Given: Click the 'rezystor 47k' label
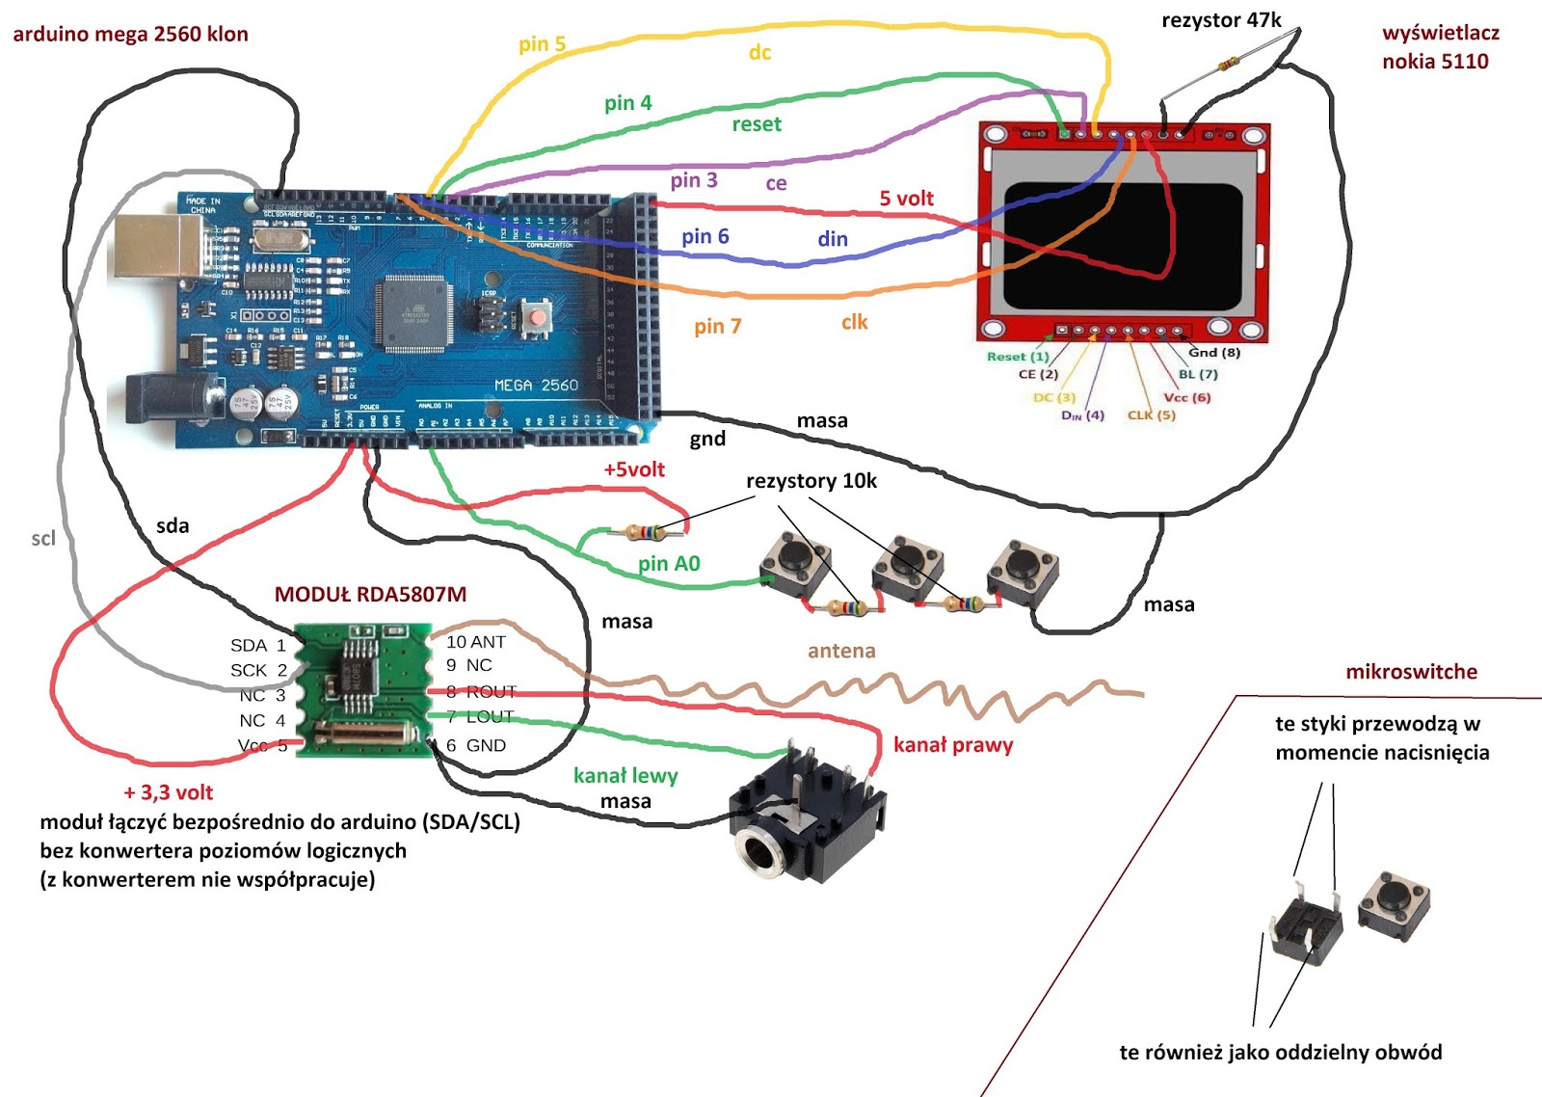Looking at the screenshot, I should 1221,20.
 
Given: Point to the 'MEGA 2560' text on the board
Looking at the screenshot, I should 536,385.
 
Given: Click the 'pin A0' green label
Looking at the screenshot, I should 669,564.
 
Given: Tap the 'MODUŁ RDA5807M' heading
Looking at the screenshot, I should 370,595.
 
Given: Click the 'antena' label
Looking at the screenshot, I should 841,651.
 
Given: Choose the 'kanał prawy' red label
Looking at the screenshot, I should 952,744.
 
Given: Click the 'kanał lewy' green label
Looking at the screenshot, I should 625,775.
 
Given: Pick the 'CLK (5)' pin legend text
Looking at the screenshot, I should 1151,415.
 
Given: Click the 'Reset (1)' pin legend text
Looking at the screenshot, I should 1018,357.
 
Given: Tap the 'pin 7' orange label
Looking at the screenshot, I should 717,327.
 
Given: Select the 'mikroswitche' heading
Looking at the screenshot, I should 1411,672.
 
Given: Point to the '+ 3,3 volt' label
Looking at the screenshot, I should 169,792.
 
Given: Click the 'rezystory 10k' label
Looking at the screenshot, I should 811,481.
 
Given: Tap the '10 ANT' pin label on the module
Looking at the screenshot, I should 475,642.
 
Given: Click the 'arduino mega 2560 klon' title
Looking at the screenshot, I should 130,35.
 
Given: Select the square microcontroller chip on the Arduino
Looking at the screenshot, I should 416,311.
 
